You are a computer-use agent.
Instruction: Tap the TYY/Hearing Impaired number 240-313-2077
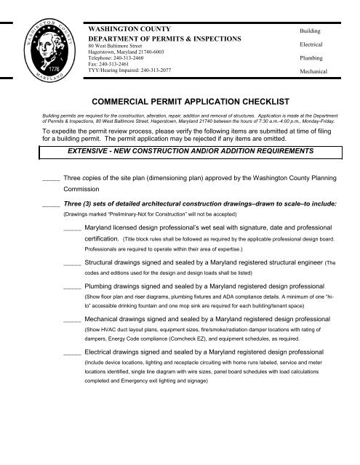[x=161, y=71]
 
